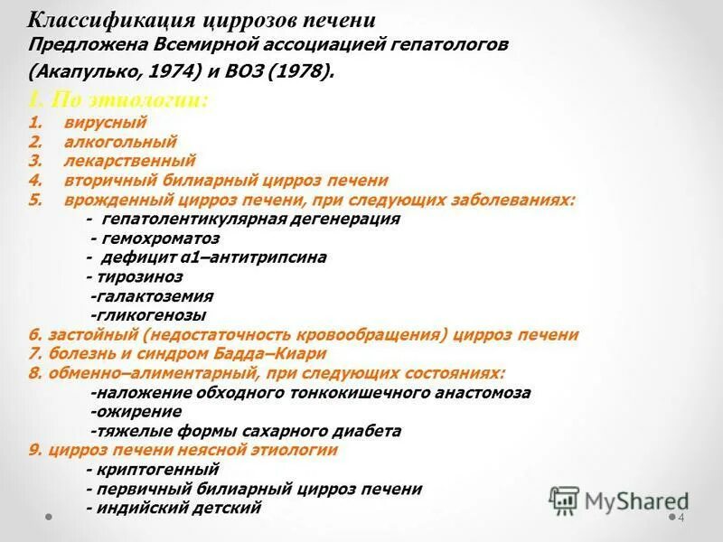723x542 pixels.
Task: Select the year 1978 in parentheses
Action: click(301, 71)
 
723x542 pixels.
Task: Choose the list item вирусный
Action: click(105, 122)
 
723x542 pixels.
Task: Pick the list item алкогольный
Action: click(120, 142)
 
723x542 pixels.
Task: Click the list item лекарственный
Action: click(129, 161)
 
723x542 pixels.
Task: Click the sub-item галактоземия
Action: click(154, 295)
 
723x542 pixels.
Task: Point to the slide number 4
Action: click(681, 518)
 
